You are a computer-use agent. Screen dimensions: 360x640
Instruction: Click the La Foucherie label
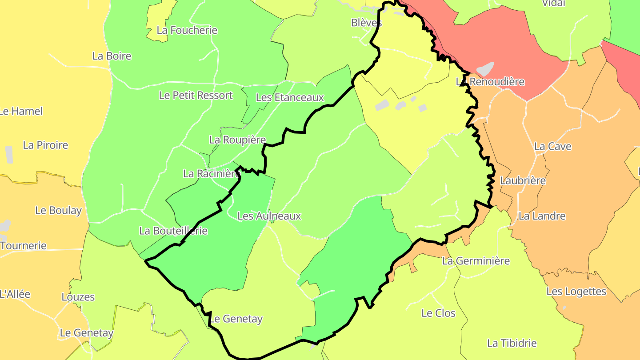(187, 30)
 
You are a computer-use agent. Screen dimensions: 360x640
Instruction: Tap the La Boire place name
(112, 56)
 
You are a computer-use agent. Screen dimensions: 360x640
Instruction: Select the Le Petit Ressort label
(196, 95)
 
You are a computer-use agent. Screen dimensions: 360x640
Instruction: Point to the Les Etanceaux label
(290, 97)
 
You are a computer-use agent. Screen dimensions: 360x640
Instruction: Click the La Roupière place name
(237, 140)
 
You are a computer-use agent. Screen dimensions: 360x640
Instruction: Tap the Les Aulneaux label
(269, 216)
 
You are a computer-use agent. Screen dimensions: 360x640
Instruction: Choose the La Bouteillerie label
(173, 231)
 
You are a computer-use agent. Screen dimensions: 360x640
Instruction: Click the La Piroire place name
(45, 145)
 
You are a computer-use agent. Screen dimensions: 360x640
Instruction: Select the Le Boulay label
(59, 210)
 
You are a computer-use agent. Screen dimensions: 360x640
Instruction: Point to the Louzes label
(78, 297)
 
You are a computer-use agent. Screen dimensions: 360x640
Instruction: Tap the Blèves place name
(366, 23)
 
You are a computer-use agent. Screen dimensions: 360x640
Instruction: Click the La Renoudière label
(491, 82)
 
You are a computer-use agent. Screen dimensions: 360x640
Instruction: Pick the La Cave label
(553, 146)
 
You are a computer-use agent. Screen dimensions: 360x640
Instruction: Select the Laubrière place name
(523, 180)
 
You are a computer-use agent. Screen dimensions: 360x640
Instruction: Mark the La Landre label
(542, 216)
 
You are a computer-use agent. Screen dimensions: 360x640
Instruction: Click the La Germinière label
(476, 261)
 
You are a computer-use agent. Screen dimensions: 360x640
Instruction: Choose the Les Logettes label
(576, 292)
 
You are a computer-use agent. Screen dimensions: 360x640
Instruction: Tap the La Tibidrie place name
(512, 343)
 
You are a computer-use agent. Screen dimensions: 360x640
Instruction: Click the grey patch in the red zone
(485, 69)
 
